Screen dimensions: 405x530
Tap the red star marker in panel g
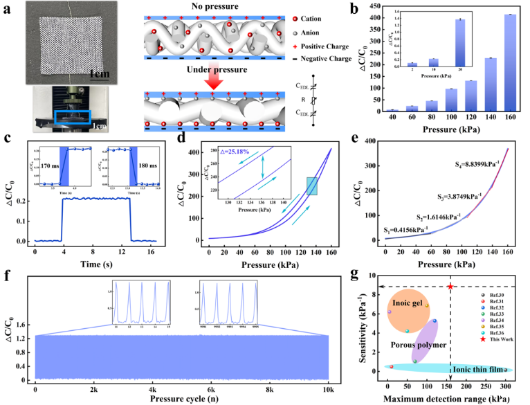point(450,287)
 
